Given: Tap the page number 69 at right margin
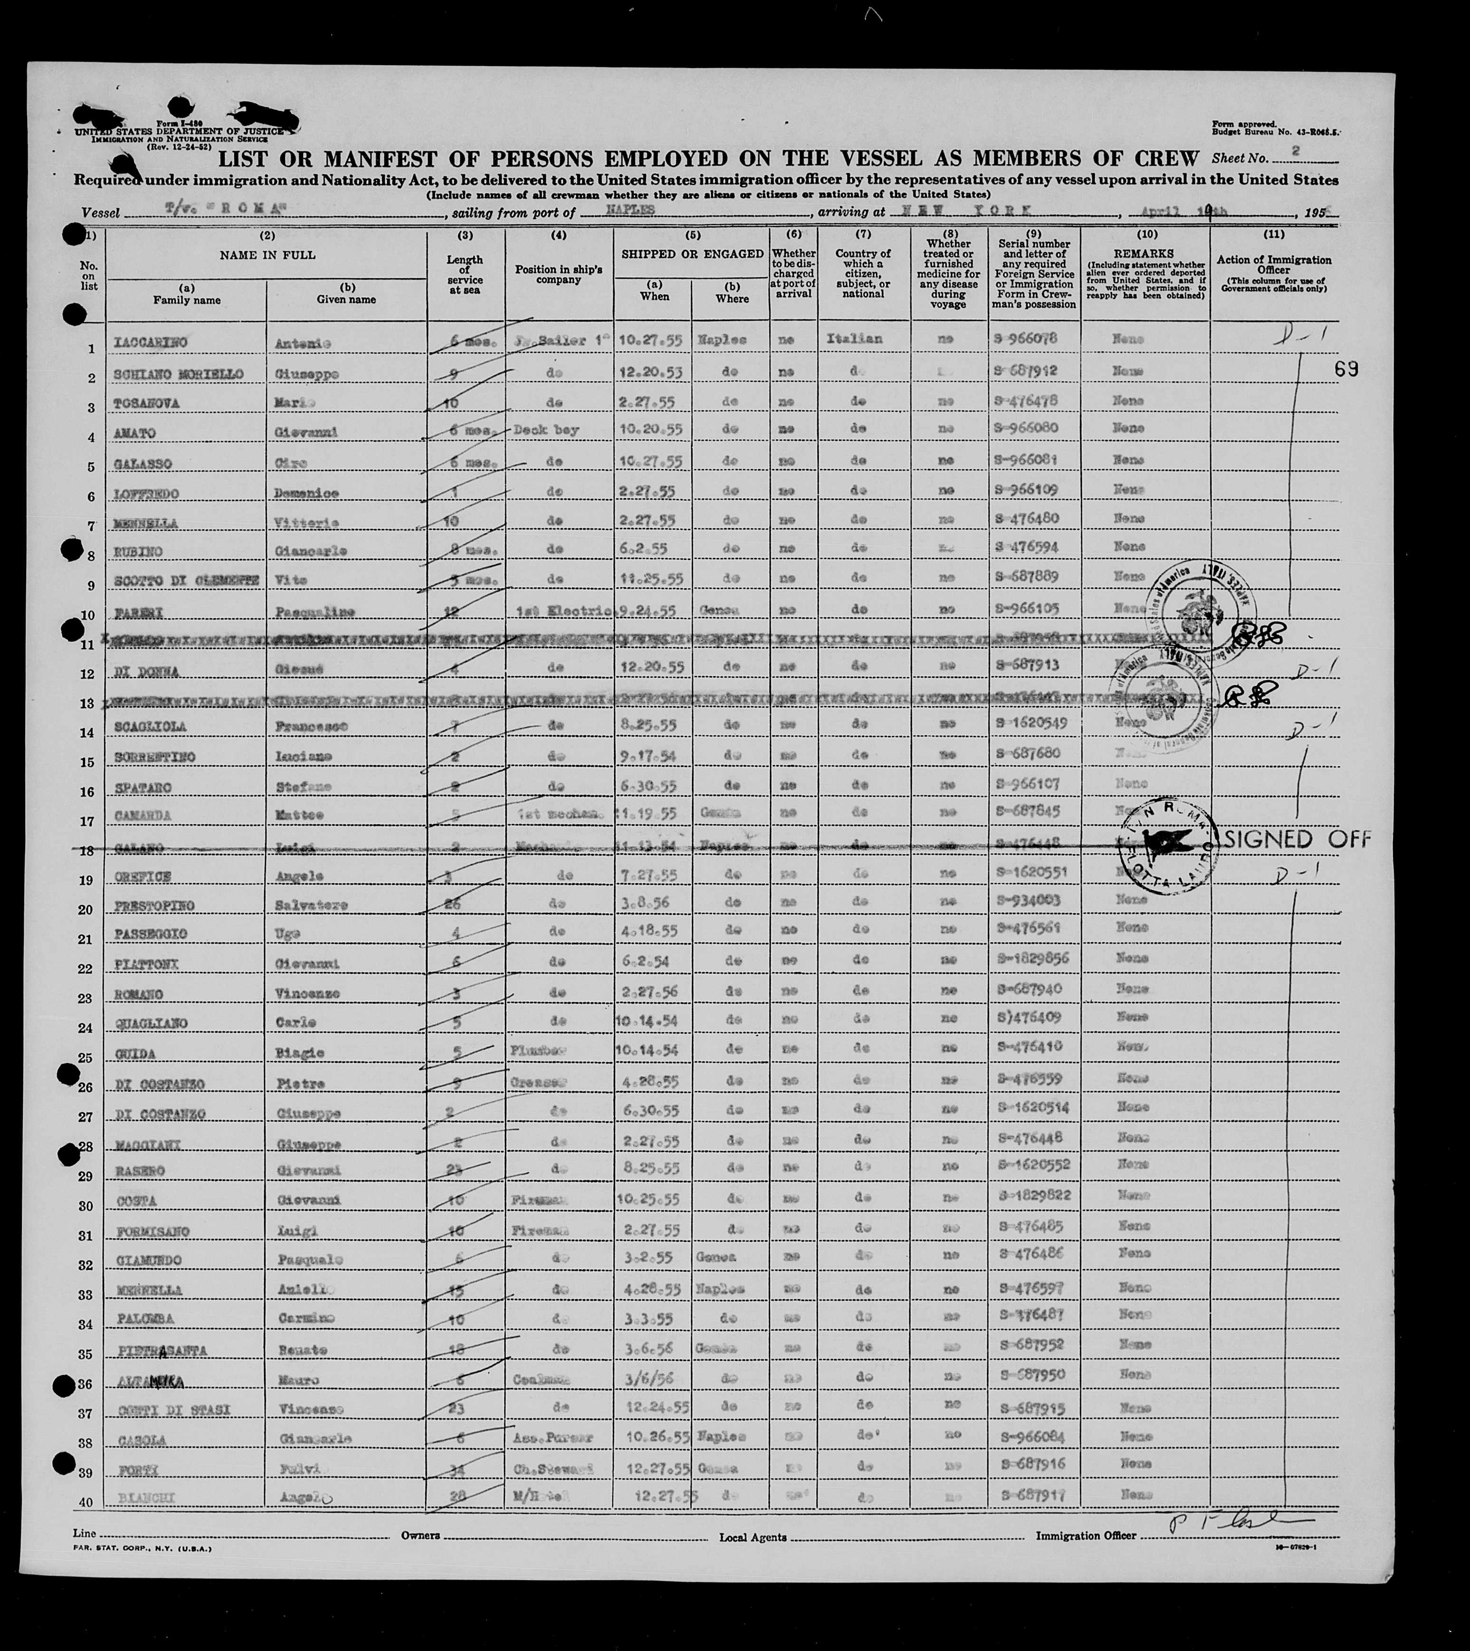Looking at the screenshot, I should coord(1347,369).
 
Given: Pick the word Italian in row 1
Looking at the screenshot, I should coord(855,339).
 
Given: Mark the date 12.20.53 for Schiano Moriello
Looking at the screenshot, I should coord(651,371).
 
